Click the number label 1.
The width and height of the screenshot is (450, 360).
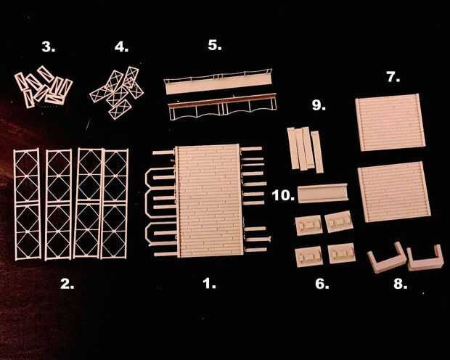coord(209,284)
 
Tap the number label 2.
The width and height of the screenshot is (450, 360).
coord(67,284)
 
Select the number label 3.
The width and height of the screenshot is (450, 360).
coord(48,46)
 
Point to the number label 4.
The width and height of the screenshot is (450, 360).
coord(121,46)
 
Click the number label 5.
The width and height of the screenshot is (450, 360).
coord(215,45)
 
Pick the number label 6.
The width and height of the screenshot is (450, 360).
coord(322,284)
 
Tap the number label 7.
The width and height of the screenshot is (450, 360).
coord(393,77)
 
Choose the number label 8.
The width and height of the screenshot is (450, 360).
coord(401,284)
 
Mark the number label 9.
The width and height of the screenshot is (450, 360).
coord(319,105)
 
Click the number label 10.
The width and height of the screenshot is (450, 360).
coord(283,195)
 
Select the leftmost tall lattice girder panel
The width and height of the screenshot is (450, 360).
coord(27,204)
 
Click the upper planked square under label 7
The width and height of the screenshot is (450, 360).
coord(390,122)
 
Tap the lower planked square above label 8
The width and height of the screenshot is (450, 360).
coord(394,192)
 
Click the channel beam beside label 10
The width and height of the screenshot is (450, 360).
coord(322,194)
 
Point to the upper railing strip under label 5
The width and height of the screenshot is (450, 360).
coord(218,81)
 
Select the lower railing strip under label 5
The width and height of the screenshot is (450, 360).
coord(222,106)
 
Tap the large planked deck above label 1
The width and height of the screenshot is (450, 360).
coord(208,200)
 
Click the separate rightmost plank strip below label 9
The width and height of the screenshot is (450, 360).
coord(317,152)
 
